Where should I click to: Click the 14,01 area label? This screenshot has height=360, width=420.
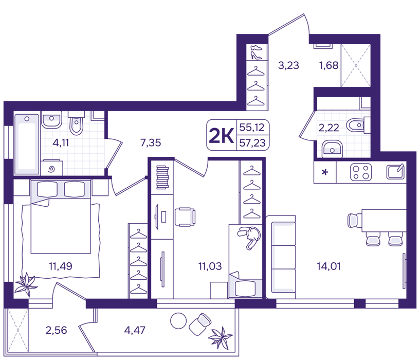click(328, 266)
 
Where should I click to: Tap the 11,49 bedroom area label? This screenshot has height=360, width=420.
click(61, 266)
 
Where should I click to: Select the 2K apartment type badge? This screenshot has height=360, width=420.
click(221, 135)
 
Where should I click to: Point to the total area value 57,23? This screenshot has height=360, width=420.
click(252, 143)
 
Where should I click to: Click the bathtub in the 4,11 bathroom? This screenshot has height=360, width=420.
click(26, 144)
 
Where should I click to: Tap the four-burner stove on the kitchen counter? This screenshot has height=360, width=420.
click(361, 172)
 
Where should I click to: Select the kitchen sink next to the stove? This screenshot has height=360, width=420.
click(395, 172)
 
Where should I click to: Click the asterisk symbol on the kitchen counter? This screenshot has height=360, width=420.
click(325, 172)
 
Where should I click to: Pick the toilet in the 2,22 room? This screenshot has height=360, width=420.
click(357, 125)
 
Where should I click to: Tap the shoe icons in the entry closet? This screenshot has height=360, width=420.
click(257, 52)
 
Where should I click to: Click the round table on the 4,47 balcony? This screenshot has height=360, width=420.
click(178, 320)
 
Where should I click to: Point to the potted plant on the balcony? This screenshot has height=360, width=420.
click(220, 337)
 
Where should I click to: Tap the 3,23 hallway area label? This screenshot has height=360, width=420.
click(288, 65)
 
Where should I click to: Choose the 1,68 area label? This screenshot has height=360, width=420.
click(328, 65)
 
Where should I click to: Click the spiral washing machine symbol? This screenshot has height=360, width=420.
click(52, 169)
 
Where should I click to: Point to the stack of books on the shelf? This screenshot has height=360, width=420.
click(162, 177)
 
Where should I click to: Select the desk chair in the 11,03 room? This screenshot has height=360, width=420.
click(185, 217)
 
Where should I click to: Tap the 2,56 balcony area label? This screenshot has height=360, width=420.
click(56, 330)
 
